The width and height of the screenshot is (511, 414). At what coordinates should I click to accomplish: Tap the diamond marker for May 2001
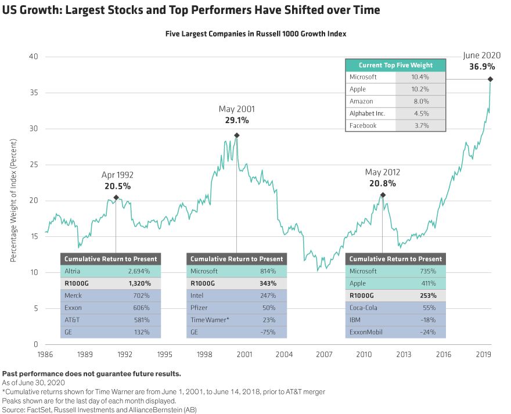coord(236,135)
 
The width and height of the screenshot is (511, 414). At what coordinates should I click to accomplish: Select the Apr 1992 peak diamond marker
coord(116,198)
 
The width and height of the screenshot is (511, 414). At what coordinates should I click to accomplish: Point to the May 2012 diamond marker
coord(383,195)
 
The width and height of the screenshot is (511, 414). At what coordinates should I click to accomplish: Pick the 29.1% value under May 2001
coord(236,120)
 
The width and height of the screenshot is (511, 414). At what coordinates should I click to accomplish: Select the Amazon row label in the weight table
coord(362,101)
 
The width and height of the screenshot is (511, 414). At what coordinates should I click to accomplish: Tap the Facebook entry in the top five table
coord(363,125)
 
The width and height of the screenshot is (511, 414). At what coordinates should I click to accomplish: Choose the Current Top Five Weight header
coord(395,65)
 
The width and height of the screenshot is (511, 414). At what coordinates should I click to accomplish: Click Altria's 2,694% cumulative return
coord(139,271)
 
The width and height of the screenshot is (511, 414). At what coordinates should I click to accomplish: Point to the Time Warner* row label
coord(210,320)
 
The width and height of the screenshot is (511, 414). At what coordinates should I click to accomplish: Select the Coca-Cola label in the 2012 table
coord(365,308)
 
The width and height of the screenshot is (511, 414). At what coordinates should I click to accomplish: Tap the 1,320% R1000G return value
coord(139,283)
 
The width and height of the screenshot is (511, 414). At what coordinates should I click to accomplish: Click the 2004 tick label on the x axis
coord(284,354)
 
